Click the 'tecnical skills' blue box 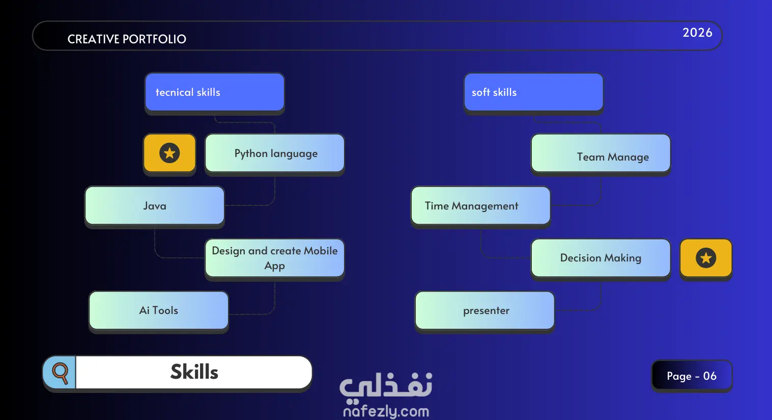[x=215, y=92]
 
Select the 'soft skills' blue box [x=533, y=92]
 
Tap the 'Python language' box [x=275, y=153]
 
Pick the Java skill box [x=155, y=206]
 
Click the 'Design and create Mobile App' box [x=275, y=258]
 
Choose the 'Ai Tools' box [x=159, y=310]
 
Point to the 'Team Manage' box [x=601, y=153]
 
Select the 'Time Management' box [x=481, y=206]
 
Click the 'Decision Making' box [x=601, y=258]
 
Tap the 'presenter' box [x=484, y=310]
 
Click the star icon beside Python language [x=169, y=153]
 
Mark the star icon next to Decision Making [x=706, y=258]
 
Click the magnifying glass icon [x=60, y=373]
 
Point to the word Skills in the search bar [x=194, y=372]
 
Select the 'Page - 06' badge [x=692, y=376]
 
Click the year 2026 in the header [x=697, y=33]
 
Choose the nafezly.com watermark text [x=386, y=411]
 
